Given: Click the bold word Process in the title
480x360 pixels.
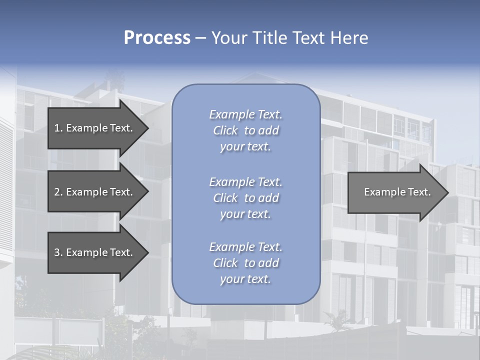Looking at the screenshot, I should click(x=157, y=38).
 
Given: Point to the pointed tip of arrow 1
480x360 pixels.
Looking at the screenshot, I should click(x=148, y=128).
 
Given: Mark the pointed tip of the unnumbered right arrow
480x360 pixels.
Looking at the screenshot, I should click(x=448, y=192).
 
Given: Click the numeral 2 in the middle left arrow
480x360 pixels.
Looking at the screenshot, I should click(x=57, y=192).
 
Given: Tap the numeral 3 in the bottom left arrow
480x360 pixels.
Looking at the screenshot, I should click(x=57, y=252).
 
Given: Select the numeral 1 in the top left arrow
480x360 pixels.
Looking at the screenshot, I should click(x=56, y=128).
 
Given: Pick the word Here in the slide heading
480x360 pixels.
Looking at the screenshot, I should click(x=349, y=38).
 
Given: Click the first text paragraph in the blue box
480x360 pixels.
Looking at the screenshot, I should click(x=245, y=130).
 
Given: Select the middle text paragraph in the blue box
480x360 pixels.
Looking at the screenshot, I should click(x=245, y=198).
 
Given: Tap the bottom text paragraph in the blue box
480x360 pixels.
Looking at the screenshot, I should click(x=245, y=263).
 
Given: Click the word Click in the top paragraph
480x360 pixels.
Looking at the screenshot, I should click(x=225, y=130).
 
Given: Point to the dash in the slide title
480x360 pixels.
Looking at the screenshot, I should click(x=200, y=38).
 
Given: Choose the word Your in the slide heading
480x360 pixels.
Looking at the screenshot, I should click(x=229, y=38).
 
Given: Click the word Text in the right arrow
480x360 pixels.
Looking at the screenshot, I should click(x=419, y=192).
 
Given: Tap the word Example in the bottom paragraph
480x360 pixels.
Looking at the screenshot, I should click(x=231, y=247).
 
